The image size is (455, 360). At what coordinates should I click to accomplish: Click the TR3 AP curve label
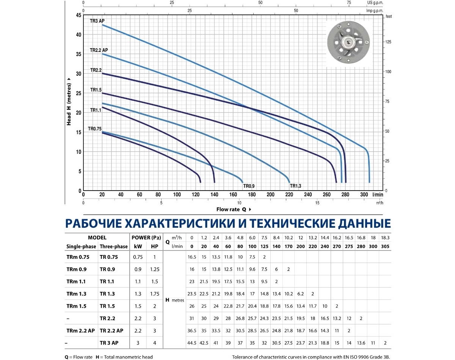point(97,21)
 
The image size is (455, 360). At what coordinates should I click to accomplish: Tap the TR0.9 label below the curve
point(249,186)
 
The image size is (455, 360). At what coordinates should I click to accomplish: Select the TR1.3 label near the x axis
point(296,186)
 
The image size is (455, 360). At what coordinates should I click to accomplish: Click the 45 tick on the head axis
point(78,15)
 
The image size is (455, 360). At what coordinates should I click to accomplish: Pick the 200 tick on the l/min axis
point(270,195)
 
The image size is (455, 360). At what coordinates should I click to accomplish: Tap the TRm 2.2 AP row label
point(81,330)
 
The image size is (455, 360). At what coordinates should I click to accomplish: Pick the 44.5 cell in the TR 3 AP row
point(192,343)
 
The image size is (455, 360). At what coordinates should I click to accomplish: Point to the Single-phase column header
point(81,246)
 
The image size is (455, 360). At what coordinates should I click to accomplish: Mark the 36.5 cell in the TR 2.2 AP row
point(192,330)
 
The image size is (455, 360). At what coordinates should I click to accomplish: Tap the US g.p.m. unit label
point(375,2)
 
